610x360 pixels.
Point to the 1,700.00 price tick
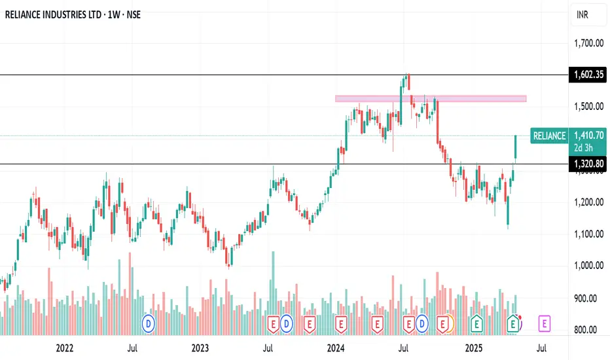588,44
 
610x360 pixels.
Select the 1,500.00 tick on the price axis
588,107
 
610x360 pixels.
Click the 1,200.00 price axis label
588,202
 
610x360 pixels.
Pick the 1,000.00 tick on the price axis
588,266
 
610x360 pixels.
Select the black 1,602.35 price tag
588,75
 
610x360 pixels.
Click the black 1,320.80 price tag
588,164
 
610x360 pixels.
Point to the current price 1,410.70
588,135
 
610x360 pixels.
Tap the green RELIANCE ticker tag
549,136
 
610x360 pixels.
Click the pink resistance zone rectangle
431,99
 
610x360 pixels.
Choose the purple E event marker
545,322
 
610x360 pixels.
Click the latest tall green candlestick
516,147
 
